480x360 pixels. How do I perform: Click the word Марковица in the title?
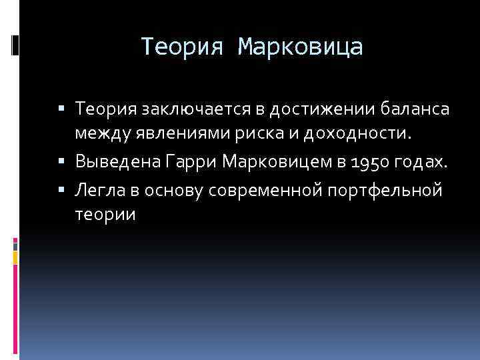click(301, 47)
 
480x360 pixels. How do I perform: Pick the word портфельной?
click(385, 190)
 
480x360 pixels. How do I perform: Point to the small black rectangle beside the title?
click(15, 45)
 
